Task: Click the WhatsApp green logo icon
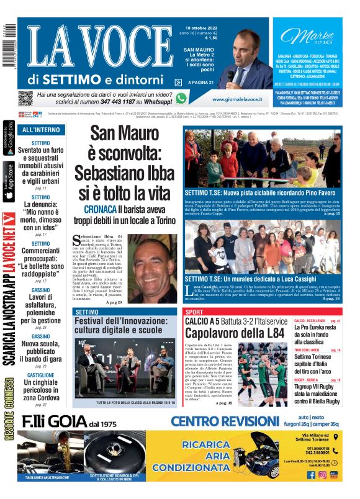click(181, 98)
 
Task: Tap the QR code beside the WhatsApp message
click(25, 98)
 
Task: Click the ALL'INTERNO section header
click(41, 130)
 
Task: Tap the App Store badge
click(8, 180)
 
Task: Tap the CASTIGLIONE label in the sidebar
click(40, 375)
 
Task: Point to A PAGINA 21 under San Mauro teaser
click(199, 82)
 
